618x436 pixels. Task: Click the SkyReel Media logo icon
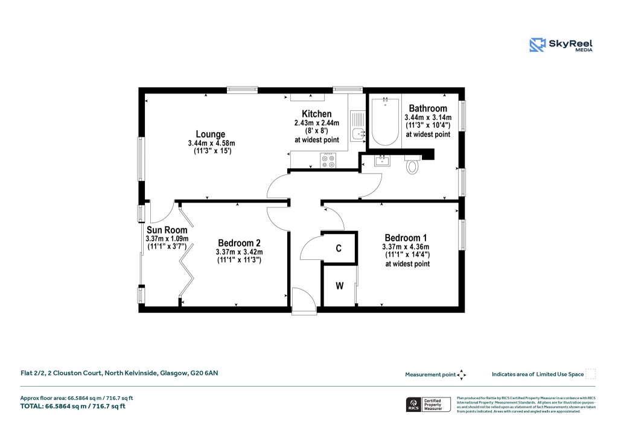point(537,45)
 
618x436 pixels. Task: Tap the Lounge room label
point(211,134)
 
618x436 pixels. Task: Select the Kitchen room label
point(316,114)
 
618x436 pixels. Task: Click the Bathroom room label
point(427,109)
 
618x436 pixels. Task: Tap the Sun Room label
point(167,230)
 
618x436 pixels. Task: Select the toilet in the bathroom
point(413,165)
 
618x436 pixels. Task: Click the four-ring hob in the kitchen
point(329,160)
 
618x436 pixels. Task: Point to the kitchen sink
point(357,134)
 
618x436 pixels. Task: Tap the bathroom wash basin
point(382,160)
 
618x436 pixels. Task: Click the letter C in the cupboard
point(339,248)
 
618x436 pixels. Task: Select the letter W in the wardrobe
point(339,286)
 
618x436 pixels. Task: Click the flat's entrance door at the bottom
point(303,300)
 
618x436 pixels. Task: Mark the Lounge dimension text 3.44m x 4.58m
point(211,143)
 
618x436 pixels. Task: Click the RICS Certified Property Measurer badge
point(428,405)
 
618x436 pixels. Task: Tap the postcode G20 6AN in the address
point(205,373)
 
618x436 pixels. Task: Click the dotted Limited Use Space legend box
point(591,374)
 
